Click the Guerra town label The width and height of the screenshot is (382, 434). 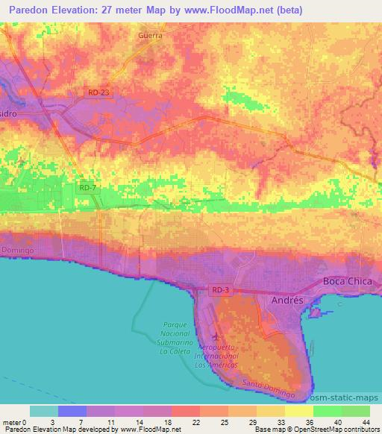(151, 35)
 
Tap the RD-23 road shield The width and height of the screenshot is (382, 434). (97, 92)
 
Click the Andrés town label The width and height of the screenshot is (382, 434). (285, 299)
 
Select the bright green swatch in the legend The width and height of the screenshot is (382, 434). (327, 411)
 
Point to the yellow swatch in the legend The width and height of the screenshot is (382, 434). (298, 411)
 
